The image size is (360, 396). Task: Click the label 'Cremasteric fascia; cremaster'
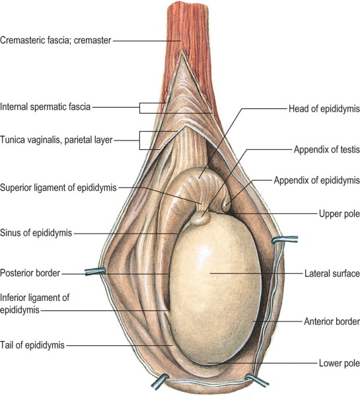[x=55, y=40]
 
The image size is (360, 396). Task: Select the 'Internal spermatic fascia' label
[x=46, y=107]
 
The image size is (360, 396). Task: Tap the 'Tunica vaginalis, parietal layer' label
[x=56, y=140]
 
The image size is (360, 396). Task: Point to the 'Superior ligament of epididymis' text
[x=58, y=187]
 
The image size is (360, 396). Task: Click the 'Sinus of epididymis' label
[x=36, y=233]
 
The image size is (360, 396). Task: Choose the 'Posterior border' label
[x=30, y=273]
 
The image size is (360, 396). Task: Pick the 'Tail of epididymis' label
[x=32, y=345]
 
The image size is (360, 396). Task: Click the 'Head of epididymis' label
[x=324, y=109]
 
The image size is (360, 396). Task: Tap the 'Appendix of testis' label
[x=326, y=150]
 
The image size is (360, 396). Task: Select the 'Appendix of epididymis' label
[x=317, y=181]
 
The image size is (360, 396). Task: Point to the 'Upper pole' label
[x=340, y=214]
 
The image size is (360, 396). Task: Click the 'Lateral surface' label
[x=332, y=273]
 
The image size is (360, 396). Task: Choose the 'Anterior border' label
[x=332, y=321]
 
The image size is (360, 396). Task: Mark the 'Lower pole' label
[x=340, y=363]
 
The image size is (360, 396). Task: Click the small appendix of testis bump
[x=201, y=218]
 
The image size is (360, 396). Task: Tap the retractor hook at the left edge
[x=95, y=271]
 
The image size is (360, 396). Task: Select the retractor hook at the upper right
[x=285, y=240]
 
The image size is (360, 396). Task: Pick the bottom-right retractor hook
[x=256, y=380]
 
